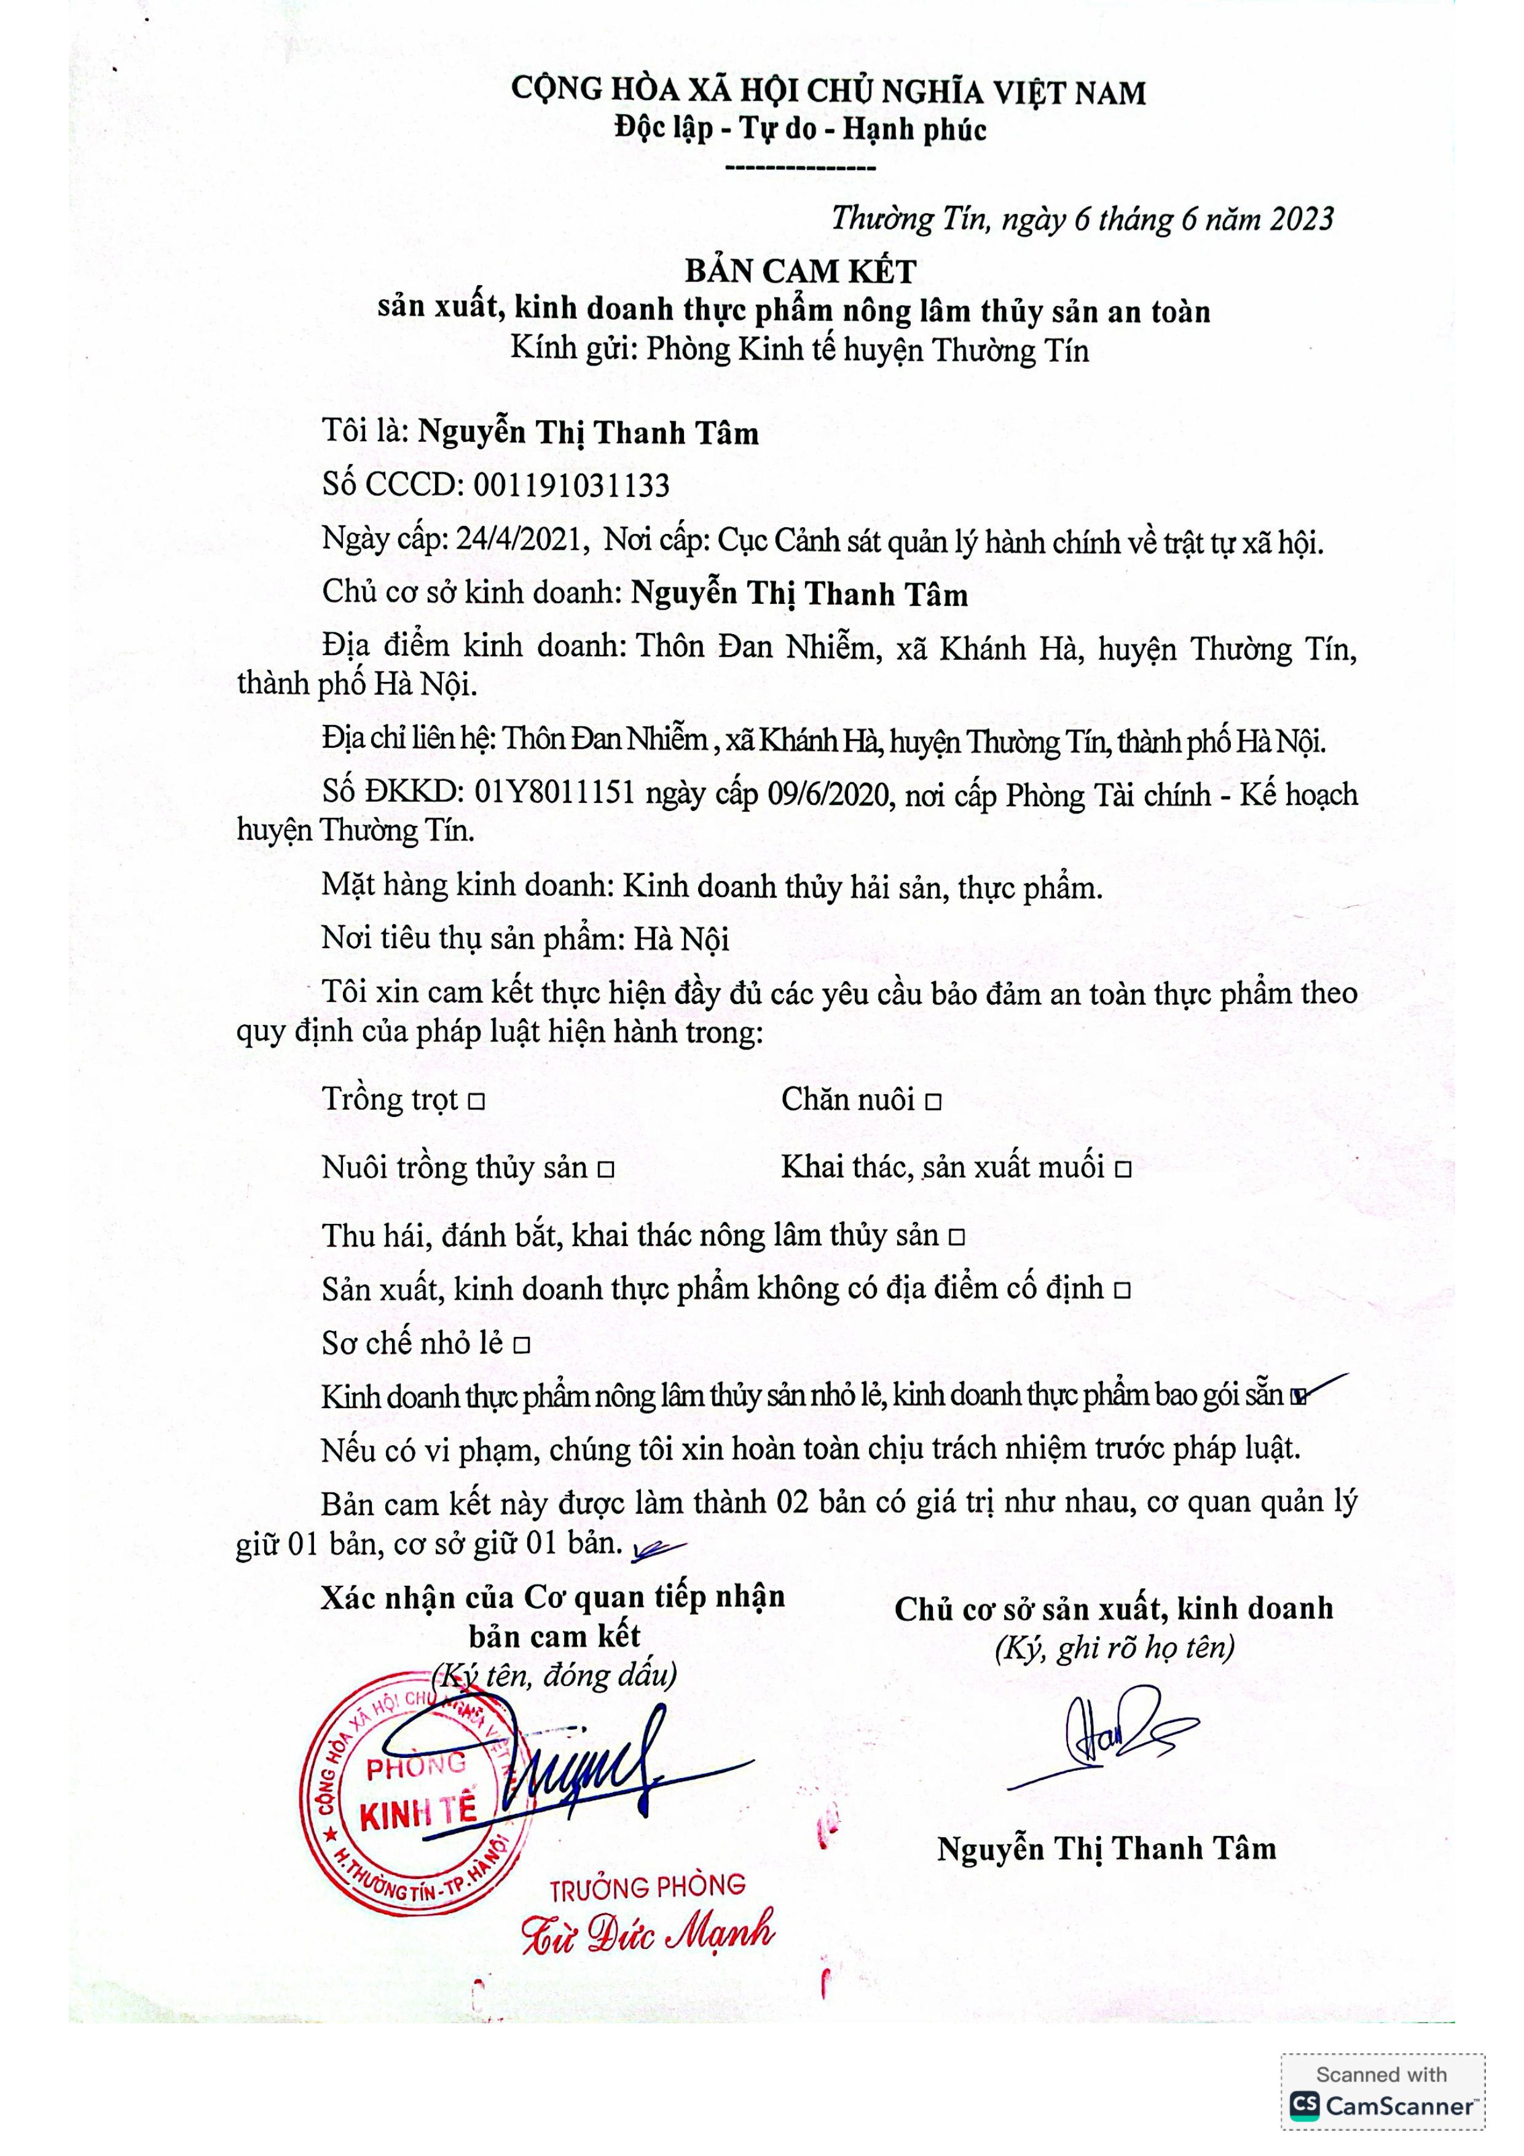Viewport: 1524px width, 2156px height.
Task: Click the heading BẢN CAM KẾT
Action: (800, 272)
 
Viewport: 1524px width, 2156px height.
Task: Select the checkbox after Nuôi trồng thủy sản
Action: (606, 1170)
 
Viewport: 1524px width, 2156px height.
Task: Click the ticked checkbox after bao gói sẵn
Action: (1298, 1397)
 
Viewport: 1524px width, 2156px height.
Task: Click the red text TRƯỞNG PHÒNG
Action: (647, 1886)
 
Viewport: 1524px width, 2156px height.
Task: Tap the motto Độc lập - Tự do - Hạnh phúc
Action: (800, 128)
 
